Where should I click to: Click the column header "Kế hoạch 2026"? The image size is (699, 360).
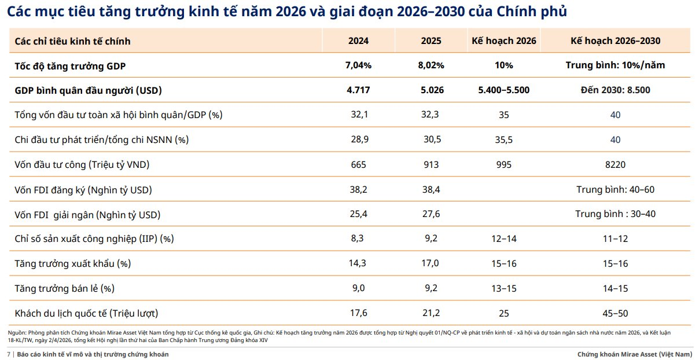(x=503, y=41)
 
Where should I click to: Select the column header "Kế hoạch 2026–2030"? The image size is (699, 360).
(x=615, y=41)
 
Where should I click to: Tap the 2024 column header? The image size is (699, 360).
(x=358, y=41)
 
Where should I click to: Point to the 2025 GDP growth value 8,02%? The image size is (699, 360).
(x=431, y=65)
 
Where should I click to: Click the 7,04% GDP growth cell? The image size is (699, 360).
(x=358, y=65)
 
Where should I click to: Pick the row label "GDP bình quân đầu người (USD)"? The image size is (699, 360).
(x=88, y=90)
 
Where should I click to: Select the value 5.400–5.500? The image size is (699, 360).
(x=503, y=90)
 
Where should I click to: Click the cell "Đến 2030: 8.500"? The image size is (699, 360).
(x=615, y=90)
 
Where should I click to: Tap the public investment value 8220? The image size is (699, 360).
(x=615, y=165)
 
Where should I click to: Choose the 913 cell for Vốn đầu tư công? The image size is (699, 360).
(x=431, y=165)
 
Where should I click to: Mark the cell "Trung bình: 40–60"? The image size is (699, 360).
(x=615, y=190)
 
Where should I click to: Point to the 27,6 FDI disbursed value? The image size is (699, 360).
(x=431, y=215)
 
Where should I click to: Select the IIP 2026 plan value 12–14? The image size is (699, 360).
(x=503, y=239)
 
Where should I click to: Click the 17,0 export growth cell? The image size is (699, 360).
(x=431, y=264)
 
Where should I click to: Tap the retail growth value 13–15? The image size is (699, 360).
(x=503, y=288)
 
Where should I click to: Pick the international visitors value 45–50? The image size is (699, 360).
(x=615, y=313)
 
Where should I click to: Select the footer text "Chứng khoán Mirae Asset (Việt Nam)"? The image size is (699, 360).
(x=634, y=354)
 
